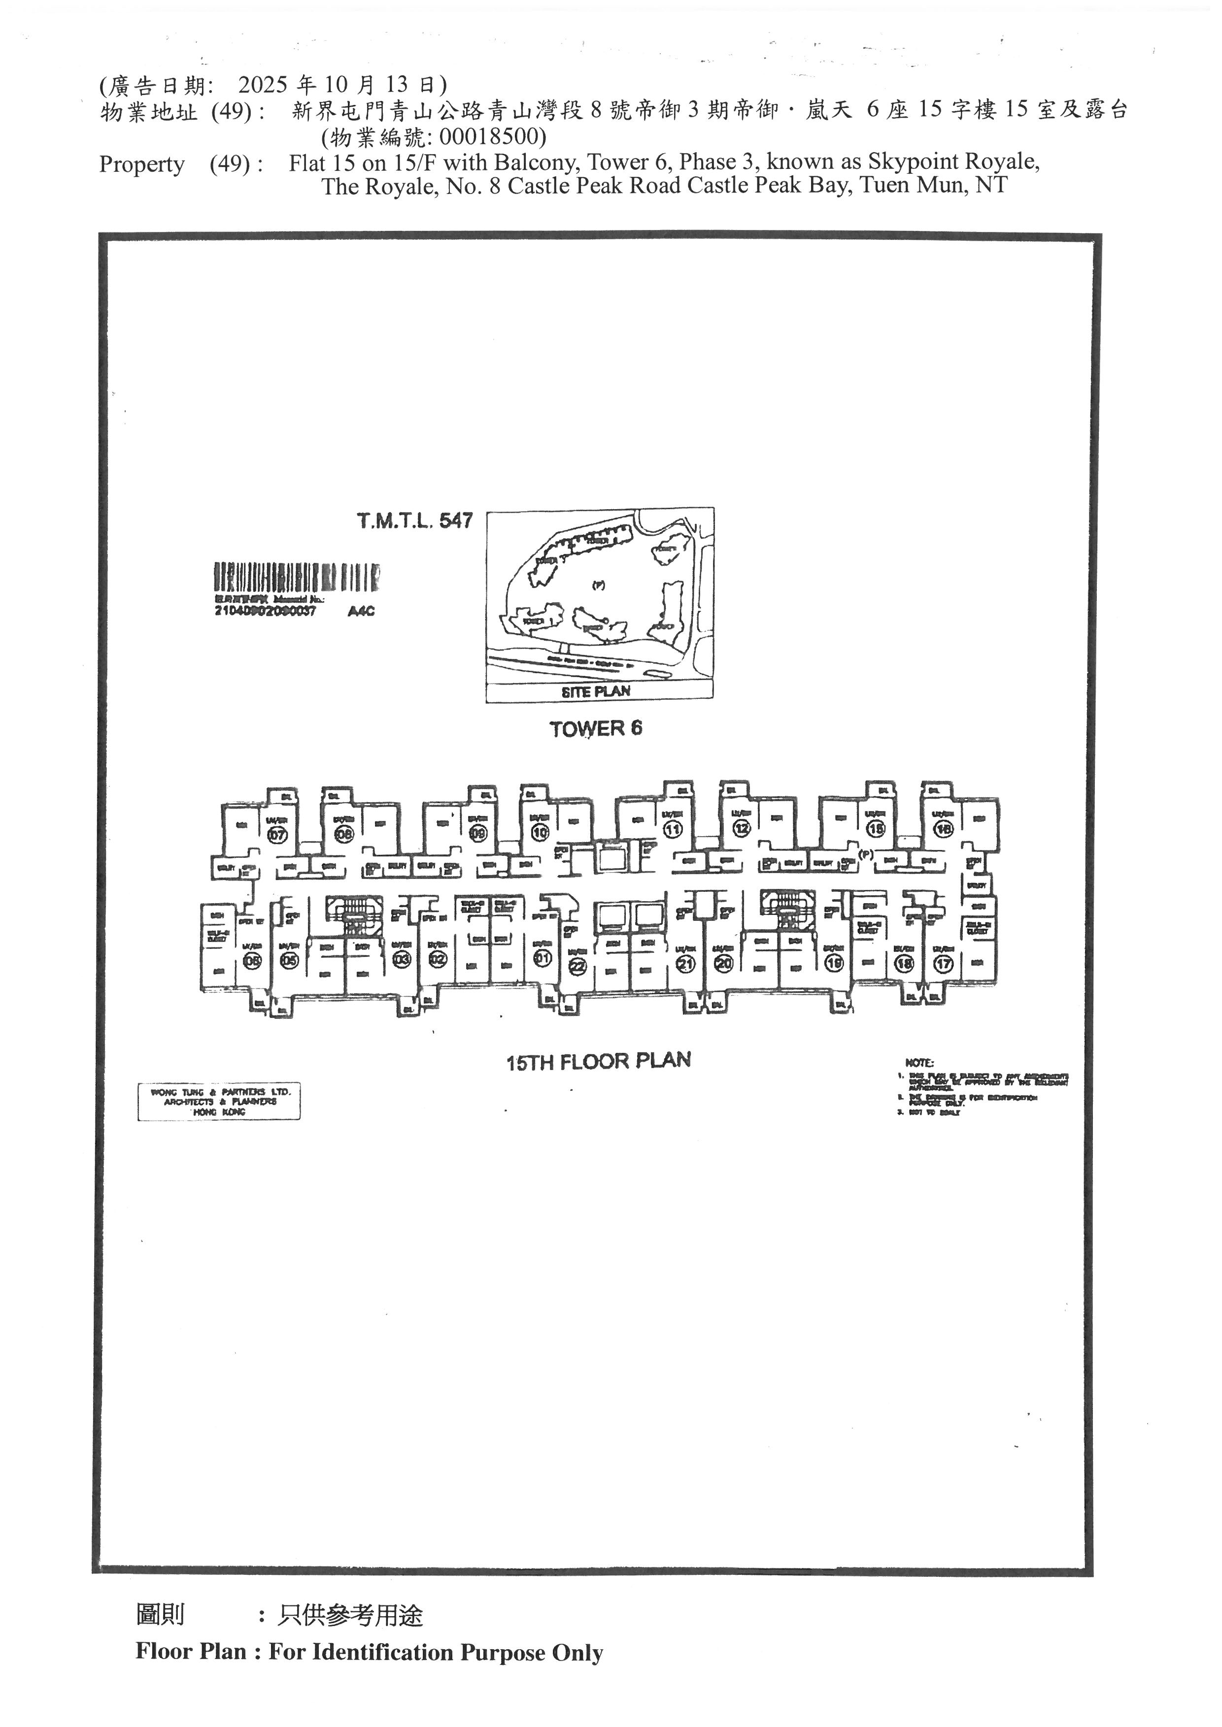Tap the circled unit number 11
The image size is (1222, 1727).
[x=673, y=830]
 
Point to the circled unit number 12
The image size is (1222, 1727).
[x=742, y=829]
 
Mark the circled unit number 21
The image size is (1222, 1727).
[x=685, y=964]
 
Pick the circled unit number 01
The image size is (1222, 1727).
[x=543, y=958]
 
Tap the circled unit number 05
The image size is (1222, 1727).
[x=290, y=961]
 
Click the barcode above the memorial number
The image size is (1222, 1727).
[x=297, y=577]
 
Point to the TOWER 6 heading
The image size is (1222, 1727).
[x=596, y=728]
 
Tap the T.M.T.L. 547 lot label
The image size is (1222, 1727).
[x=414, y=521]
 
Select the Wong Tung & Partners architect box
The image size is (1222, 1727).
[x=219, y=1102]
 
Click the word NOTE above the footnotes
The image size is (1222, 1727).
[x=919, y=1063]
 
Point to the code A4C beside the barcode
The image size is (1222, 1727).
[x=361, y=611]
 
